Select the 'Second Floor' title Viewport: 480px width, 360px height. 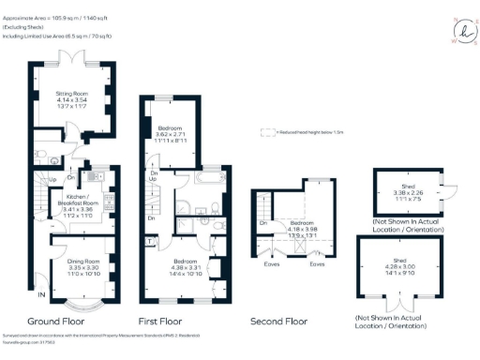pyautogui.click(x=278, y=321)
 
